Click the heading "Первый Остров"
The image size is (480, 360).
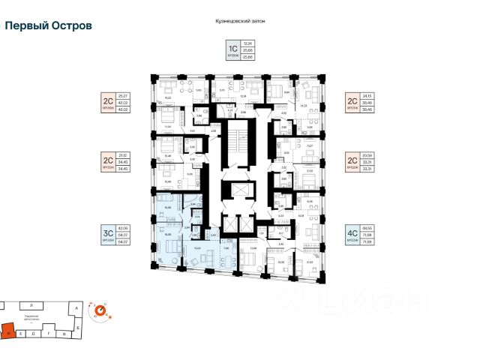(49, 25)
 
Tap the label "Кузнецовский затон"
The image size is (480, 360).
(240, 22)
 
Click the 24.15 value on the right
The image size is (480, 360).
(368, 95)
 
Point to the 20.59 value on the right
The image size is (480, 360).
(368, 157)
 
